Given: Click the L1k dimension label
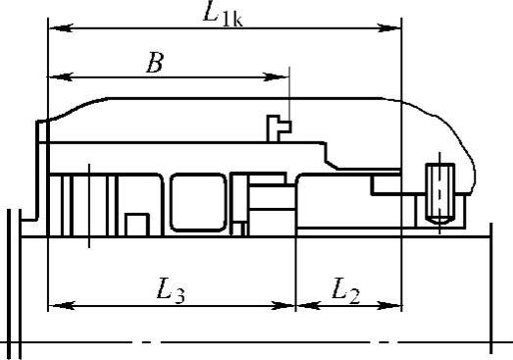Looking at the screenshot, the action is pyautogui.click(x=223, y=15).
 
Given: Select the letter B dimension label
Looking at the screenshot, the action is pyautogui.click(x=154, y=63).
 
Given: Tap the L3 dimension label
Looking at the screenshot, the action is pyautogui.click(x=171, y=290).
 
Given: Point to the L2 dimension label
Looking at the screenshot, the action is pyautogui.click(x=346, y=290).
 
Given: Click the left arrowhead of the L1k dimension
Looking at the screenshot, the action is pyautogui.click(x=61, y=27).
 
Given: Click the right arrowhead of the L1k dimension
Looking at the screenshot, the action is pyautogui.click(x=389, y=27).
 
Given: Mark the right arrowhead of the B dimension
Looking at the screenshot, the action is pyautogui.click(x=277, y=77).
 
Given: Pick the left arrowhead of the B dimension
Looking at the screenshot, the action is pyautogui.click(x=61, y=77).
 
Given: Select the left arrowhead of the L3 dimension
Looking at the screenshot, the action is pyautogui.click(x=62, y=306).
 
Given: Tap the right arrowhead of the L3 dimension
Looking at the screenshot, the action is pyautogui.click(x=283, y=306).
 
